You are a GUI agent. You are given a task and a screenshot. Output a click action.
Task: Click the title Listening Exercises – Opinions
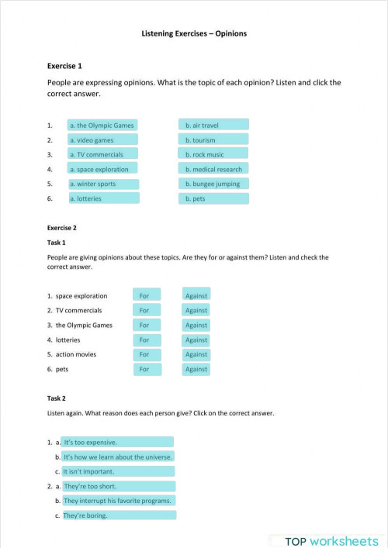click(194, 34)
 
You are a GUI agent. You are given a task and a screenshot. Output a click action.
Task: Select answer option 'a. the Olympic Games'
click(102, 125)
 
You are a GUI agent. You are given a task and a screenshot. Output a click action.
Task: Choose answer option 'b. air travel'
click(214, 125)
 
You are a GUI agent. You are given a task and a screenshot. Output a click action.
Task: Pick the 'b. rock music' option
click(214, 154)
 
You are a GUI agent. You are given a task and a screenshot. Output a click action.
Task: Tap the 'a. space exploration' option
click(102, 169)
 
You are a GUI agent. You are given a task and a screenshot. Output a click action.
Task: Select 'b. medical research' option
click(214, 169)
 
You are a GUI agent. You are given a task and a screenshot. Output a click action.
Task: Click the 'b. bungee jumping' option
click(214, 184)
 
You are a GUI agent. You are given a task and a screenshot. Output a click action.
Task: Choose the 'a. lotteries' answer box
click(102, 198)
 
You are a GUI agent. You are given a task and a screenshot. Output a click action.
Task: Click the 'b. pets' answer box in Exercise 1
click(214, 198)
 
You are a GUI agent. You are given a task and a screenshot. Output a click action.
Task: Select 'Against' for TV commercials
click(196, 310)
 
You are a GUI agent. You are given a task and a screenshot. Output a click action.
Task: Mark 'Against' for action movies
click(196, 354)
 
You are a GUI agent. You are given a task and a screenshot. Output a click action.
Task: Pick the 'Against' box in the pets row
click(196, 369)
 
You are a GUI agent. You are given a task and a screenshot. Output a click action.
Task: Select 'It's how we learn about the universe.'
click(118, 457)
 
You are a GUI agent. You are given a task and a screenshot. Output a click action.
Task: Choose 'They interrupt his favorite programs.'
click(118, 501)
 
